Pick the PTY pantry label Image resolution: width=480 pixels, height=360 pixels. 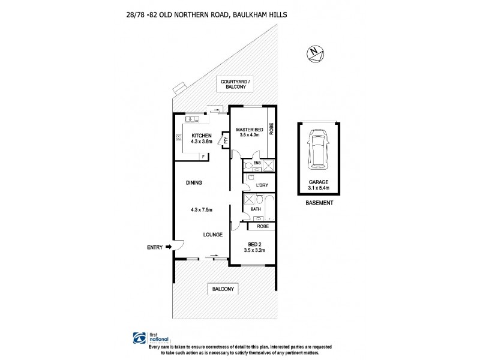tap(226, 140)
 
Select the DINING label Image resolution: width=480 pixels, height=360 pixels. tap(193, 182)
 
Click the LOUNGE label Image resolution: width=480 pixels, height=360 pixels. tap(213, 234)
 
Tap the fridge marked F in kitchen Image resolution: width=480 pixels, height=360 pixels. tap(203, 155)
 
